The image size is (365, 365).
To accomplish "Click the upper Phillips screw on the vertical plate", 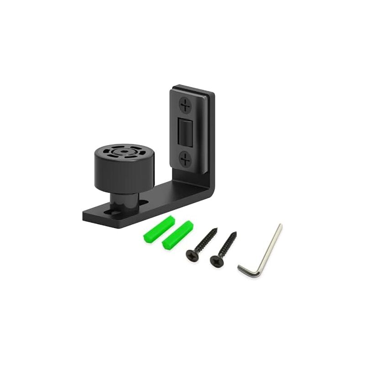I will click(186, 105).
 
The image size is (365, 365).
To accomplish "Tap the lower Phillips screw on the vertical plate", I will click(185, 159).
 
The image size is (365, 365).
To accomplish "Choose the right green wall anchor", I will click(177, 235).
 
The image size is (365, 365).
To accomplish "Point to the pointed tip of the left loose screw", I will click(216, 229).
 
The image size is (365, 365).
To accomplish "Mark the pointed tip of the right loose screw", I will click(235, 233).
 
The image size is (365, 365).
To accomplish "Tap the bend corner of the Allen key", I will click(259, 275).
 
